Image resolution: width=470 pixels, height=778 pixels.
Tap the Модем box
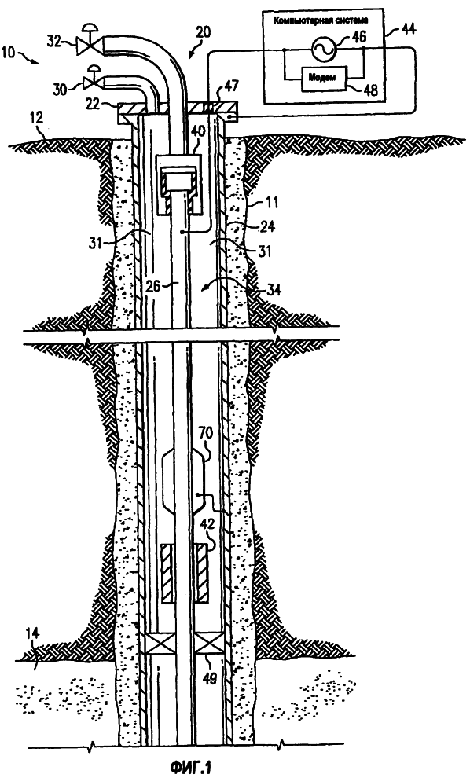pyautogui.click(x=322, y=77)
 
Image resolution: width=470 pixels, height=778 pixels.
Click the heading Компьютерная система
pyautogui.click(x=324, y=20)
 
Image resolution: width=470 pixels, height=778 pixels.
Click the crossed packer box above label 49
pyautogui.click(x=206, y=644)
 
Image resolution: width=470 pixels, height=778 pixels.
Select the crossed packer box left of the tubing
pyautogui.click(x=156, y=644)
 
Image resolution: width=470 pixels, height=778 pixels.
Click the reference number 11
pyautogui.click(x=272, y=203)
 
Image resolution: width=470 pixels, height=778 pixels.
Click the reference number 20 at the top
pyautogui.click(x=203, y=33)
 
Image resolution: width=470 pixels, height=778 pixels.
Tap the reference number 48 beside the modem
pyautogui.click(x=369, y=90)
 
